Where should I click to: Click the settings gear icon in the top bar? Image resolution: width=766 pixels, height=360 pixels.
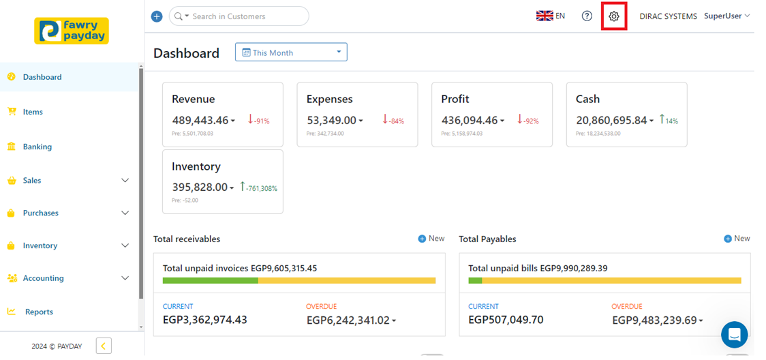point(613,16)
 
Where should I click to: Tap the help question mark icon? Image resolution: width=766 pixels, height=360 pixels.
point(587,16)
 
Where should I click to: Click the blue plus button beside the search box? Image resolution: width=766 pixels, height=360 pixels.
point(157,16)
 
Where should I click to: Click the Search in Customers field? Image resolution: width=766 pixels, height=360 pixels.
point(245,16)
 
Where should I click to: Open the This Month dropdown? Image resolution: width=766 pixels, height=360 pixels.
point(291,52)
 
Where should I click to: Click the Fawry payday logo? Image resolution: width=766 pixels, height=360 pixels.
point(72,31)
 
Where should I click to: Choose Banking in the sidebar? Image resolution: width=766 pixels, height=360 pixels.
point(37,147)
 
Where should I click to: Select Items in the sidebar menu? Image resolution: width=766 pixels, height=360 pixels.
point(33,112)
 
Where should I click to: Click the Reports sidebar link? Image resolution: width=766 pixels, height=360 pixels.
point(39,312)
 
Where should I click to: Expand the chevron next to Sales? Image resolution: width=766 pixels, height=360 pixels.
point(125,181)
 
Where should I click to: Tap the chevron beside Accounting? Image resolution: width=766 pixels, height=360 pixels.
point(125,278)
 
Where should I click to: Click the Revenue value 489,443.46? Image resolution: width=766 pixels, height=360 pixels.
point(200,120)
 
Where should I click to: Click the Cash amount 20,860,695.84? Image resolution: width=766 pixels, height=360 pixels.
point(612,120)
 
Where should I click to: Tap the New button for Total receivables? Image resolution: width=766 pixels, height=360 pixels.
point(431,239)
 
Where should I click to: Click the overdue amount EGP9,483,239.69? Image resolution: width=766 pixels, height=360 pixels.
point(654,320)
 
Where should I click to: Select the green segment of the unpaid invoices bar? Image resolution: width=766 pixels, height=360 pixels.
point(210,280)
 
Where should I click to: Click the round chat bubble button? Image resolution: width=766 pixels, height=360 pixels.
point(734,335)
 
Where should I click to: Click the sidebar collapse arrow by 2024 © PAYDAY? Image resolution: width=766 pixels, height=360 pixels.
point(104,346)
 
